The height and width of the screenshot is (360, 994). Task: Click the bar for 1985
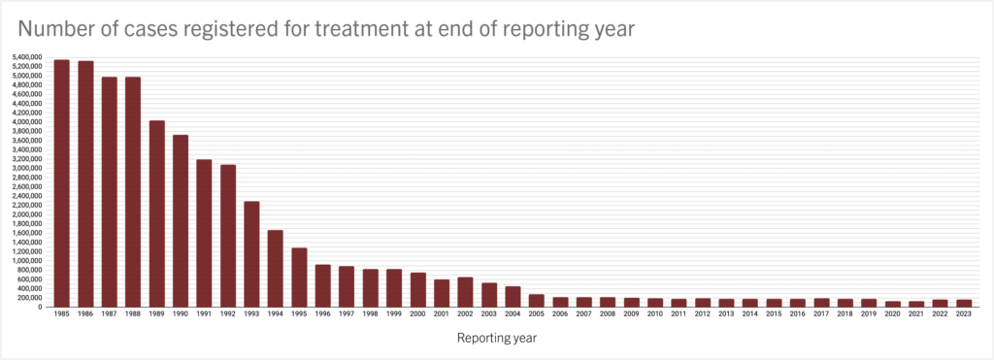point(61,183)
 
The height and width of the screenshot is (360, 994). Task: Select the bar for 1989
point(156,213)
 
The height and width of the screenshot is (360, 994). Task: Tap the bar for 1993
point(251,254)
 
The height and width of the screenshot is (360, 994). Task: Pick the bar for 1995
point(299,277)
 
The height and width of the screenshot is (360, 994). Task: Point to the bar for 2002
point(465,291)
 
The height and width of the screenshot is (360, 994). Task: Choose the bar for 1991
point(204,233)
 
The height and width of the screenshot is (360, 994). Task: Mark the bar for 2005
point(536,301)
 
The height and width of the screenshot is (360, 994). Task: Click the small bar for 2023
point(964,303)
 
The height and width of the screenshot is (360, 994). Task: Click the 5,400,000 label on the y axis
point(27,57)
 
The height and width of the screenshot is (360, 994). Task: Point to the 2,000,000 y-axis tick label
point(27,214)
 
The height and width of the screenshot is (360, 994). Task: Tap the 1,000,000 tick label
point(27,260)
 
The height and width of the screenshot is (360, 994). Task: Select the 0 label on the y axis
point(40,307)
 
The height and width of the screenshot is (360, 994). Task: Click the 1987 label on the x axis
point(109,314)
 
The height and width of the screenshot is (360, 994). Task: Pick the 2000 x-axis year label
point(417,314)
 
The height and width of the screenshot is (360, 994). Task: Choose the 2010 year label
point(655,314)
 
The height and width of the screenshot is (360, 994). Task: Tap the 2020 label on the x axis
point(893,314)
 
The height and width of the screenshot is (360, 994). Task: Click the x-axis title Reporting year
point(497,339)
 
